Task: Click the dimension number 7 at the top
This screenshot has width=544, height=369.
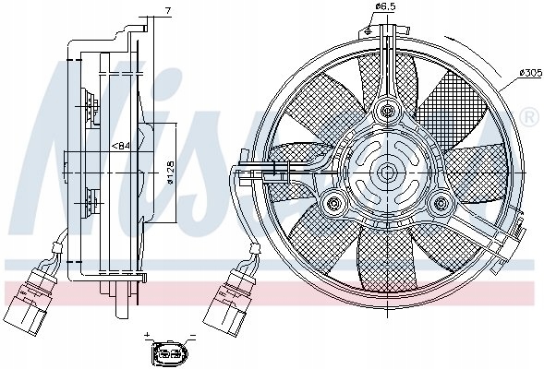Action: (167, 10)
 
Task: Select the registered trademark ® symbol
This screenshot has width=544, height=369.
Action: (529, 117)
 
